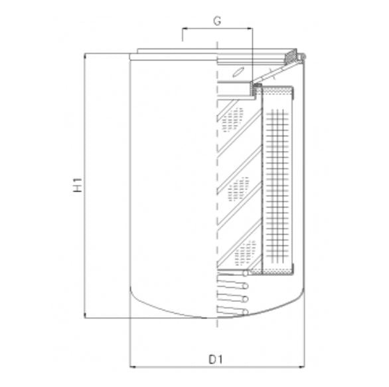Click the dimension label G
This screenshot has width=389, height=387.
click(x=217, y=20)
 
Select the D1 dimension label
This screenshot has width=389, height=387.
click(x=214, y=360)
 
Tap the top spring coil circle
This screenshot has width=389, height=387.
click(x=246, y=273)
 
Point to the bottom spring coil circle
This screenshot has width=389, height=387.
click(x=246, y=311)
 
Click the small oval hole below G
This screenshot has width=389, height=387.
click(x=239, y=72)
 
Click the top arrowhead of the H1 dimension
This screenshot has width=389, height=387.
click(x=84, y=57)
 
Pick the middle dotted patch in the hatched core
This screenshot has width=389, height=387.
click(x=238, y=189)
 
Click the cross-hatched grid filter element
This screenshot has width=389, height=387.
click(x=278, y=180)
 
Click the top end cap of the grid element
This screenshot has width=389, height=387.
click(x=279, y=88)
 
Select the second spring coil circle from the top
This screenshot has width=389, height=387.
click(x=246, y=285)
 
